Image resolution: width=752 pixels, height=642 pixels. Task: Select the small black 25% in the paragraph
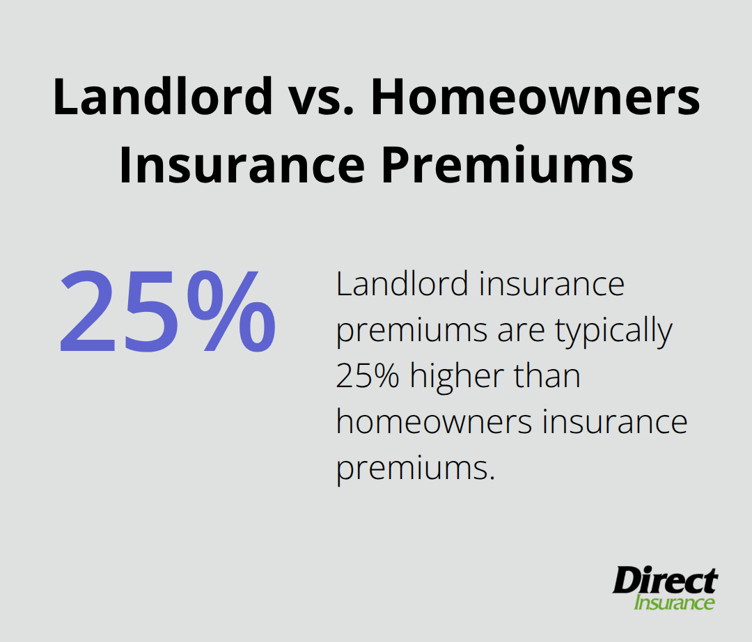pos(368,377)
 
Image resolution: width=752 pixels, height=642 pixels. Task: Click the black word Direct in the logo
pos(665,581)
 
